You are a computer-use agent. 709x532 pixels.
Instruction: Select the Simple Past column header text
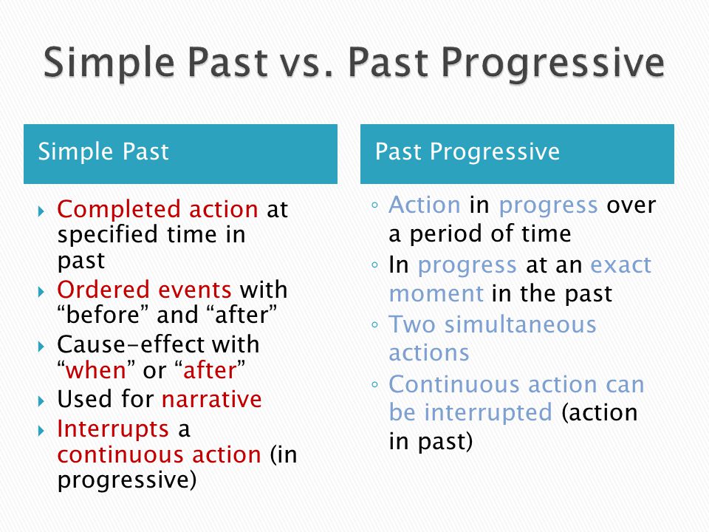(103, 151)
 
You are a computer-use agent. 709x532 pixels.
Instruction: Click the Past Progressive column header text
(467, 151)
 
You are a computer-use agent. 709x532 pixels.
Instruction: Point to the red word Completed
(120, 209)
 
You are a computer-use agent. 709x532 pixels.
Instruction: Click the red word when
(96, 370)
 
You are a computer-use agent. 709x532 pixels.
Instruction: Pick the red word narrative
(212, 399)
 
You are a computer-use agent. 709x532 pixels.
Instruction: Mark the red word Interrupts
(113, 429)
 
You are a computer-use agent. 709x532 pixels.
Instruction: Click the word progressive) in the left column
(127, 480)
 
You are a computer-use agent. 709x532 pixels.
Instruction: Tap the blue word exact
(621, 265)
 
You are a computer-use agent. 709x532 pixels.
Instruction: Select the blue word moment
(436, 294)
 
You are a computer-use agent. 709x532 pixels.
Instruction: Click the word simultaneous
(521, 324)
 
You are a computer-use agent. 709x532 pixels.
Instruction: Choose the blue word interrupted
(488, 412)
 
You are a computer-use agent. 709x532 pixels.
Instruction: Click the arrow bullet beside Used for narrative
(41, 400)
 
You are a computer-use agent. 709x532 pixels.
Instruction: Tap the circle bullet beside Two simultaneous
(374, 325)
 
